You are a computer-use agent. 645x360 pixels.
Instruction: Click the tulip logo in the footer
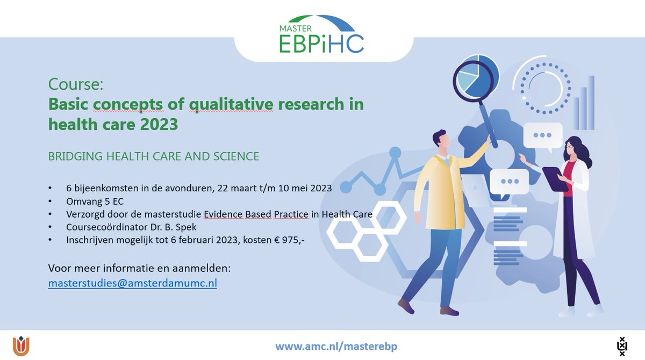(x=21, y=345)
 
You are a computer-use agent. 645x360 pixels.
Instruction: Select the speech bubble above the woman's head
(x=543, y=136)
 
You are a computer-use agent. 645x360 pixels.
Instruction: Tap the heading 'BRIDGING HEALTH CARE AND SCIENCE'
(x=154, y=156)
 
